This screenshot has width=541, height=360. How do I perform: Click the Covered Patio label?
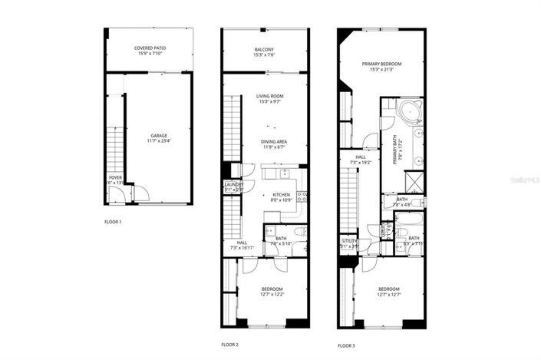(x=150, y=48)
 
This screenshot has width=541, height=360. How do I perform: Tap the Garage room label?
(x=159, y=136)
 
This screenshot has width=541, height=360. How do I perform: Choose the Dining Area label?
(x=274, y=142)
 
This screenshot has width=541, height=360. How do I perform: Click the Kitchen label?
(x=282, y=195)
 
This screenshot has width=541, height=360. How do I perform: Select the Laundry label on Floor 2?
(x=233, y=185)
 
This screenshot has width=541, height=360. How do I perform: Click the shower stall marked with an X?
(x=415, y=181)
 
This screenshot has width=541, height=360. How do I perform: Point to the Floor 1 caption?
(x=113, y=222)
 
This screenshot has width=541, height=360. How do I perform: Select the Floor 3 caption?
(x=348, y=345)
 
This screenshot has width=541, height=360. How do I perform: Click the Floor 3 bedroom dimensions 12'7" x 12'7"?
(x=389, y=295)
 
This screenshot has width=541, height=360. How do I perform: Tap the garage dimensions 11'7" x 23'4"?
(x=159, y=141)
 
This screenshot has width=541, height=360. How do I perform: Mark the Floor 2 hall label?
(x=242, y=243)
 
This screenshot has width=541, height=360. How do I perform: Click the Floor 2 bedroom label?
(x=273, y=289)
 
